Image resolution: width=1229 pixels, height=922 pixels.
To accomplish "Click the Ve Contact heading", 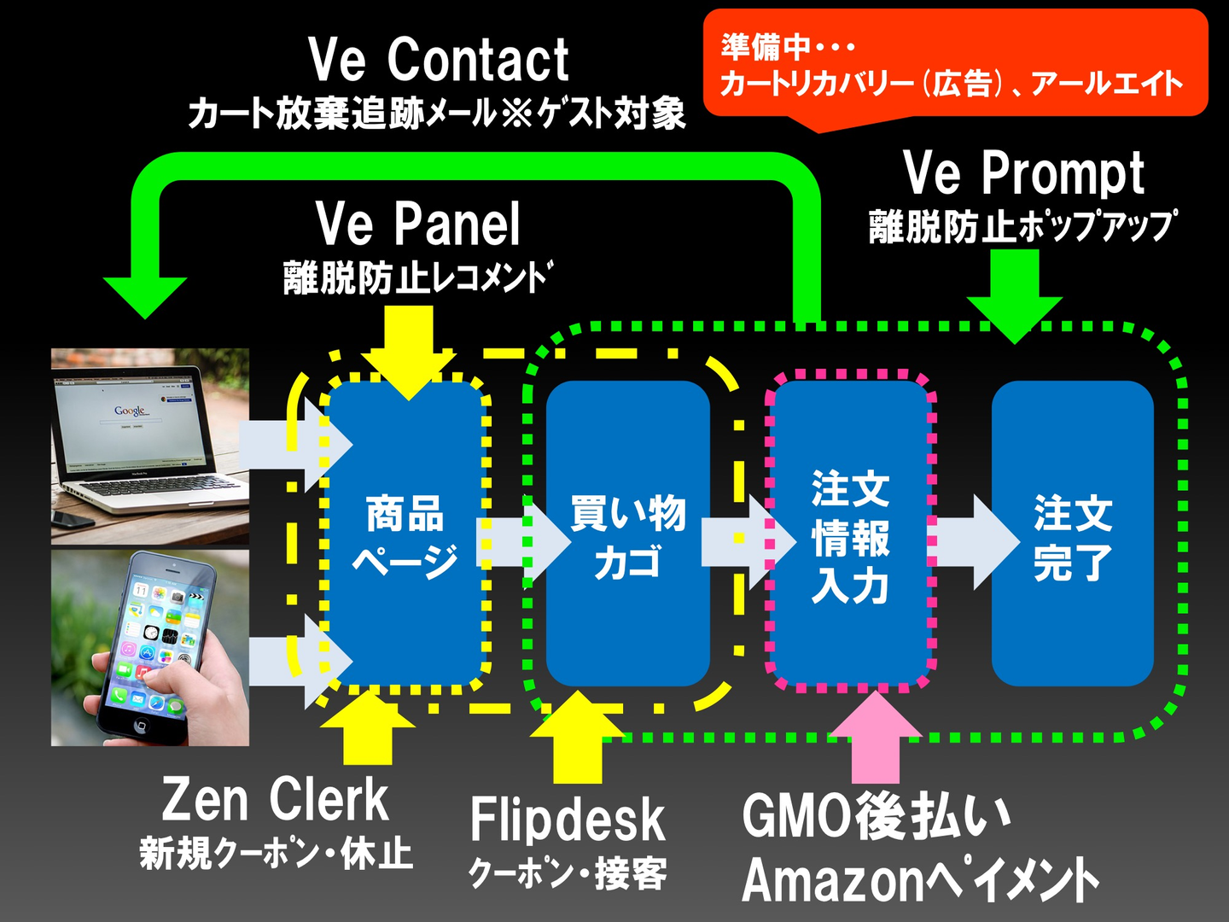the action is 439,60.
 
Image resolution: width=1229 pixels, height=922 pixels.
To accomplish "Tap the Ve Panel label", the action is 418,224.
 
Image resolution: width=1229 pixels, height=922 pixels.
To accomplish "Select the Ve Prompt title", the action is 1023,174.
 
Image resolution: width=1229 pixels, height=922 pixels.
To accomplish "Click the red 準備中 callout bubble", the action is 955,64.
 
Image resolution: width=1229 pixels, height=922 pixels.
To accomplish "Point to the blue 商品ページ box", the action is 405,534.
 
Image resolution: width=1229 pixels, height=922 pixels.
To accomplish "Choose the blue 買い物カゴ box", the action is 627,534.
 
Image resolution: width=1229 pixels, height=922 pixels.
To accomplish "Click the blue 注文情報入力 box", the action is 850,534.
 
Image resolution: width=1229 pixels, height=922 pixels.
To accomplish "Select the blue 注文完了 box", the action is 1073,534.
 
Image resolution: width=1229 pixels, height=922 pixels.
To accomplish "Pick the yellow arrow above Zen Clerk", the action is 367,727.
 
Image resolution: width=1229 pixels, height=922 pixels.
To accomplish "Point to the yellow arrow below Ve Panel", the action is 410,353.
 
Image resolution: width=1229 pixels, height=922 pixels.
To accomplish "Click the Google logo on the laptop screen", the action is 130,411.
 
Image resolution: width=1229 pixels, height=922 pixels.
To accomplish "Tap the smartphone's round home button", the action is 141,727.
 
